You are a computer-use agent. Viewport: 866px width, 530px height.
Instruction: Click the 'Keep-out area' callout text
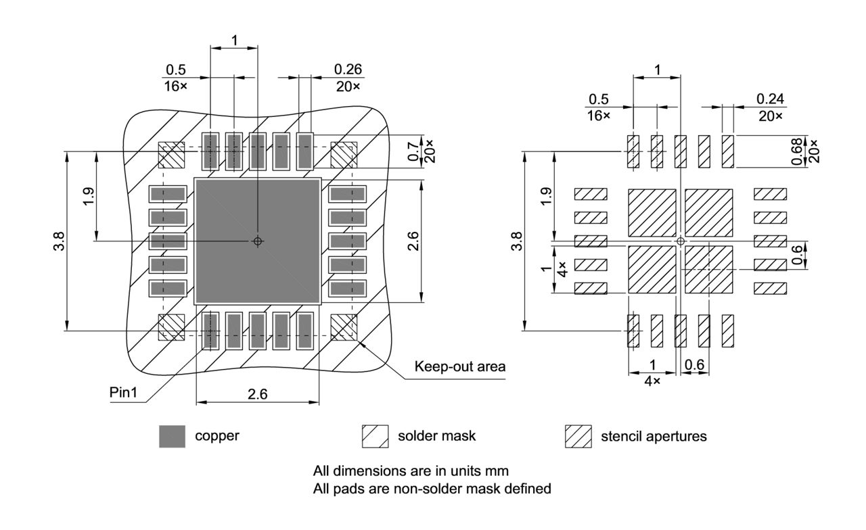(x=460, y=367)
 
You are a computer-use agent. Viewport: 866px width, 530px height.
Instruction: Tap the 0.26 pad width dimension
(x=348, y=69)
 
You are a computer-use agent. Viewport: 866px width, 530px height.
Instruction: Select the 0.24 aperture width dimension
(x=771, y=99)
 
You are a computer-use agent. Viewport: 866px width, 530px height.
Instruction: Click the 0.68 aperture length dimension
(x=795, y=151)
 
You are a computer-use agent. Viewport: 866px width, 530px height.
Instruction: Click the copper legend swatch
(x=173, y=437)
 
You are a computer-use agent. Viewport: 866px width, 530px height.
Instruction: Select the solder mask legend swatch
(x=375, y=437)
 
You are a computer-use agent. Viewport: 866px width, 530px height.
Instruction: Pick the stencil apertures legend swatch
(x=578, y=437)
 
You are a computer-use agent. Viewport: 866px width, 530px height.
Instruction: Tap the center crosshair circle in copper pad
(x=257, y=241)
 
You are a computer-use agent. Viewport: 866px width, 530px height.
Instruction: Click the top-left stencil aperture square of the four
(x=652, y=212)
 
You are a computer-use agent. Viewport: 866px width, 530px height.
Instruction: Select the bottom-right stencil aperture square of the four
(x=709, y=269)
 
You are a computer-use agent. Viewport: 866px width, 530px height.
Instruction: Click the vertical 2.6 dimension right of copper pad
(x=413, y=240)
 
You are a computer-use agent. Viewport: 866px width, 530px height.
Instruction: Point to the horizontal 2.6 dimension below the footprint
(x=257, y=394)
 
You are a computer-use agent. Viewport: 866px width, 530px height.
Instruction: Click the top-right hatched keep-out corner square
(x=344, y=155)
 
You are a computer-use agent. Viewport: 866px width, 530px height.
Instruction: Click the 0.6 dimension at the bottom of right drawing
(x=694, y=365)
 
